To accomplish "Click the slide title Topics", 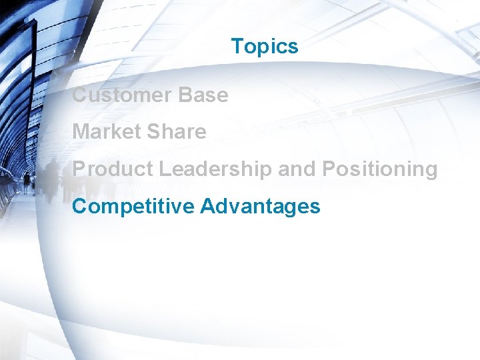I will click(x=264, y=47).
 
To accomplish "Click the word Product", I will click(x=113, y=169).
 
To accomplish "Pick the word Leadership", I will click(x=215, y=169).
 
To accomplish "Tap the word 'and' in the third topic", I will click(x=297, y=169).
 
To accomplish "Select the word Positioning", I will click(x=379, y=169).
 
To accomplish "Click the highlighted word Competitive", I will click(x=133, y=207).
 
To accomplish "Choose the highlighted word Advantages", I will click(x=260, y=207).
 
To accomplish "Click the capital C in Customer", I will click(x=79, y=95).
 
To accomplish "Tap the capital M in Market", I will click(x=80, y=132).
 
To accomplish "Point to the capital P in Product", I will click(x=78, y=169).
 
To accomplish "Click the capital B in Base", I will click(x=185, y=95).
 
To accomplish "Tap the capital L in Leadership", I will click(x=164, y=169).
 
